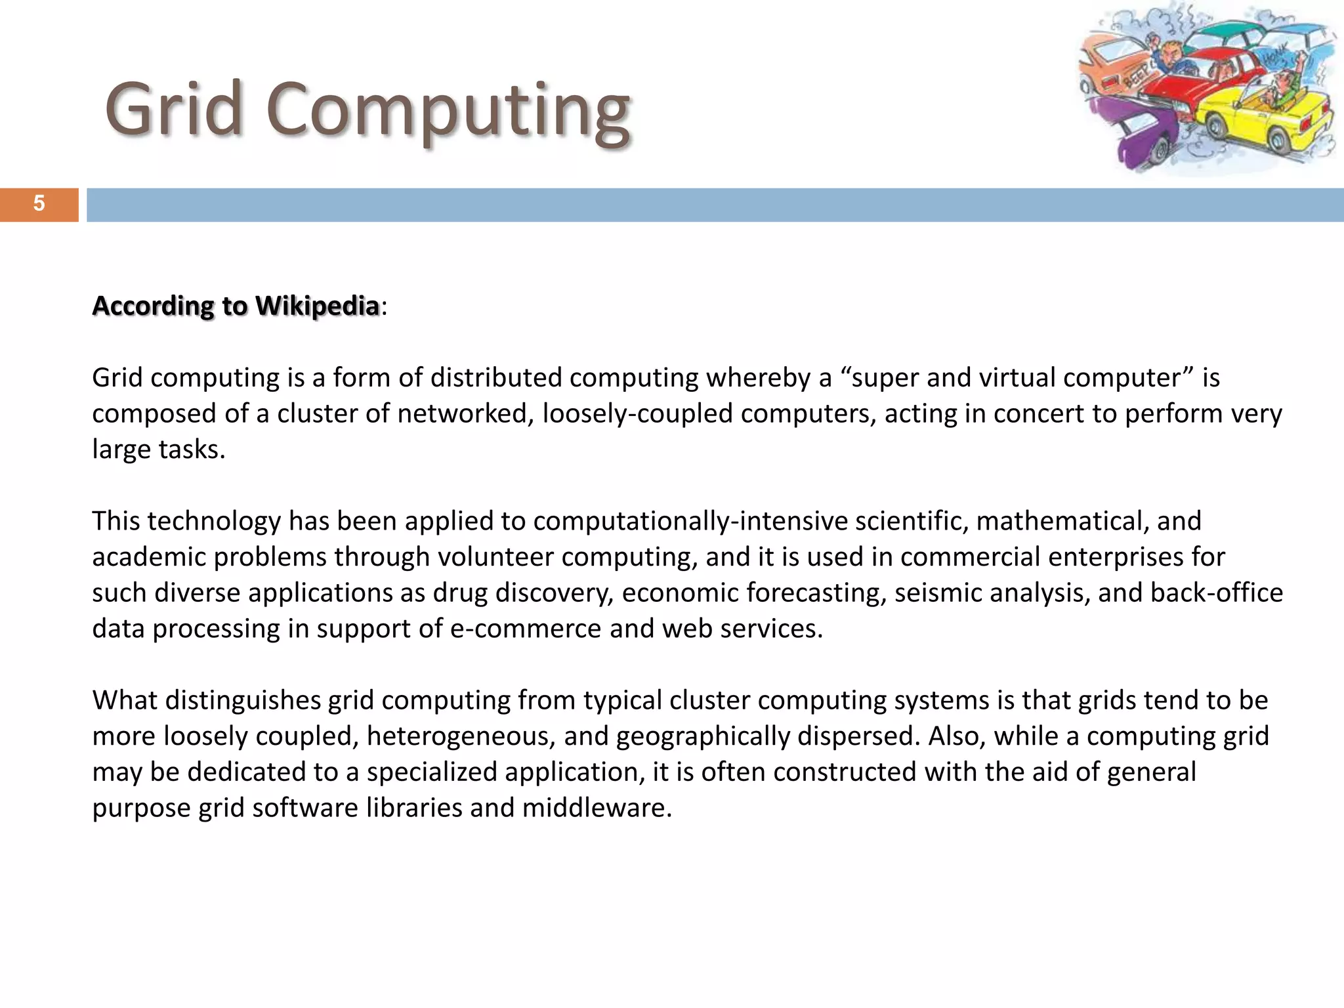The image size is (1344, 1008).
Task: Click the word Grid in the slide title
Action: [173, 109]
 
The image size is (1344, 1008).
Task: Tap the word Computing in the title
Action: [449, 112]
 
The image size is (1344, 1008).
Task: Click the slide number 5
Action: [39, 204]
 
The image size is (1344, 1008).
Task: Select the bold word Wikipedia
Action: [317, 306]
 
